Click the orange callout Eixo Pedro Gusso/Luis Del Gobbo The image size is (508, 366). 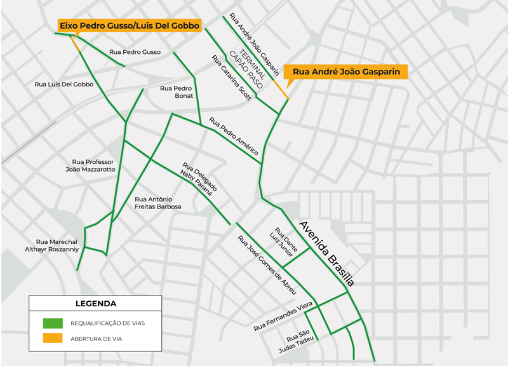(130, 25)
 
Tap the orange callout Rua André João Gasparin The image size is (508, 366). (346, 72)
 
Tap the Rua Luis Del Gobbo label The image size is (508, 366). (63, 84)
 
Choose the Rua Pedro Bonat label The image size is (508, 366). (177, 92)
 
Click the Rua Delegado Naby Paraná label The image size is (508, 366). (199, 180)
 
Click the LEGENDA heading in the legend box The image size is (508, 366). (95, 304)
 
